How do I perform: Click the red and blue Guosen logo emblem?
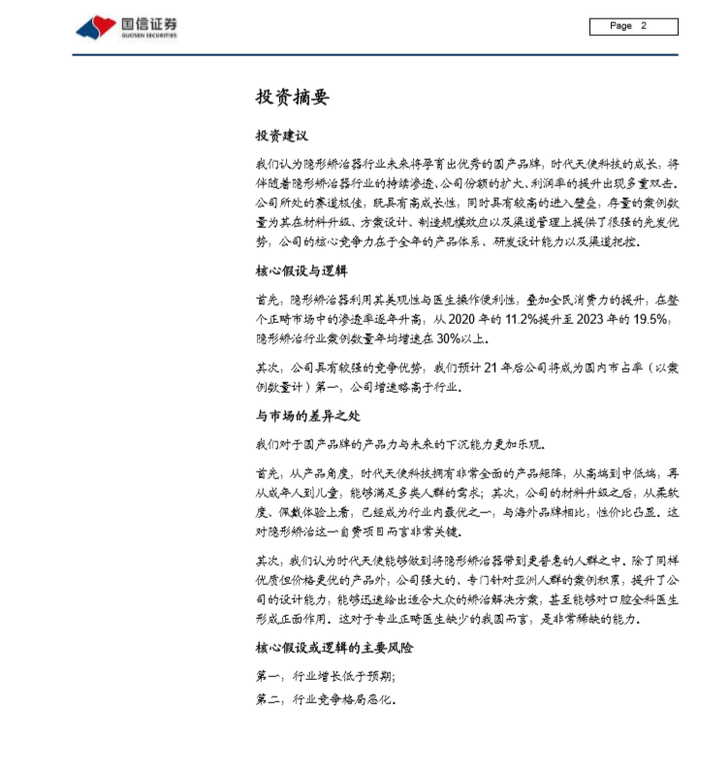[x=96, y=27]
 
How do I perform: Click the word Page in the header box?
[x=621, y=26]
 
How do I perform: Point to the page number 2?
[x=643, y=26]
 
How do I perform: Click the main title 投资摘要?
[x=292, y=97]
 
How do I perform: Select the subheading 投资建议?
[x=281, y=136]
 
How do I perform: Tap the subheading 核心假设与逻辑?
[x=301, y=271]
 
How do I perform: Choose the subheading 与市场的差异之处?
[x=307, y=415]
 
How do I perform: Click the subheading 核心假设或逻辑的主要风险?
[x=334, y=647]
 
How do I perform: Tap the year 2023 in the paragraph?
[x=592, y=319]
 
